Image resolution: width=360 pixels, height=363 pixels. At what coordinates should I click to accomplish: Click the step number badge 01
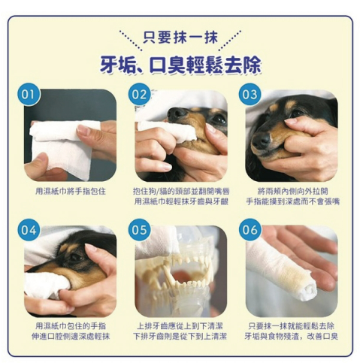click(28, 95)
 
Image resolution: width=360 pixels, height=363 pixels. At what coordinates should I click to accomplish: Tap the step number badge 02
click(139, 95)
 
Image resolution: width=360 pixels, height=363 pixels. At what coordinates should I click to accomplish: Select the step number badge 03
click(250, 95)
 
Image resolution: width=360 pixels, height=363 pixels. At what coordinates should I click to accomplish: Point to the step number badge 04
click(29, 230)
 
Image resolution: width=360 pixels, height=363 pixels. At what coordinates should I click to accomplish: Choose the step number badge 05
click(139, 230)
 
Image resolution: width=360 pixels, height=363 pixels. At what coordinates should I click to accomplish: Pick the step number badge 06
click(250, 230)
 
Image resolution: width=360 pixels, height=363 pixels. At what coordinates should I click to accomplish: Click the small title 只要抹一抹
click(180, 38)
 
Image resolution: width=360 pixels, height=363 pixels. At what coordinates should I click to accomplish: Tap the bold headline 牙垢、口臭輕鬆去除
click(180, 65)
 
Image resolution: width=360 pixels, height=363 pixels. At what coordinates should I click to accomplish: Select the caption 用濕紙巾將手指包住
click(71, 192)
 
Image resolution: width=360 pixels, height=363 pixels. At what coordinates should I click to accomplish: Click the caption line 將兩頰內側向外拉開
click(292, 192)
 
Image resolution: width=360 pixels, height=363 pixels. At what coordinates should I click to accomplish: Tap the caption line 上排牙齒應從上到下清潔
click(180, 326)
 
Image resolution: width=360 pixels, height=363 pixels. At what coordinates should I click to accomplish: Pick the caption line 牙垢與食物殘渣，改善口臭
click(292, 336)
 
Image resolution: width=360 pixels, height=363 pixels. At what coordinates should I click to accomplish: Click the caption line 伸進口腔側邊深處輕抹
click(71, 336)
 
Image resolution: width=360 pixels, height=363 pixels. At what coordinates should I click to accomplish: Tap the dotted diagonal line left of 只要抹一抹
click(131, 41)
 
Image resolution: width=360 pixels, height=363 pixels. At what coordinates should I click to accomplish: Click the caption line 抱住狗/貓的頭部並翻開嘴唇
click(181, 192)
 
